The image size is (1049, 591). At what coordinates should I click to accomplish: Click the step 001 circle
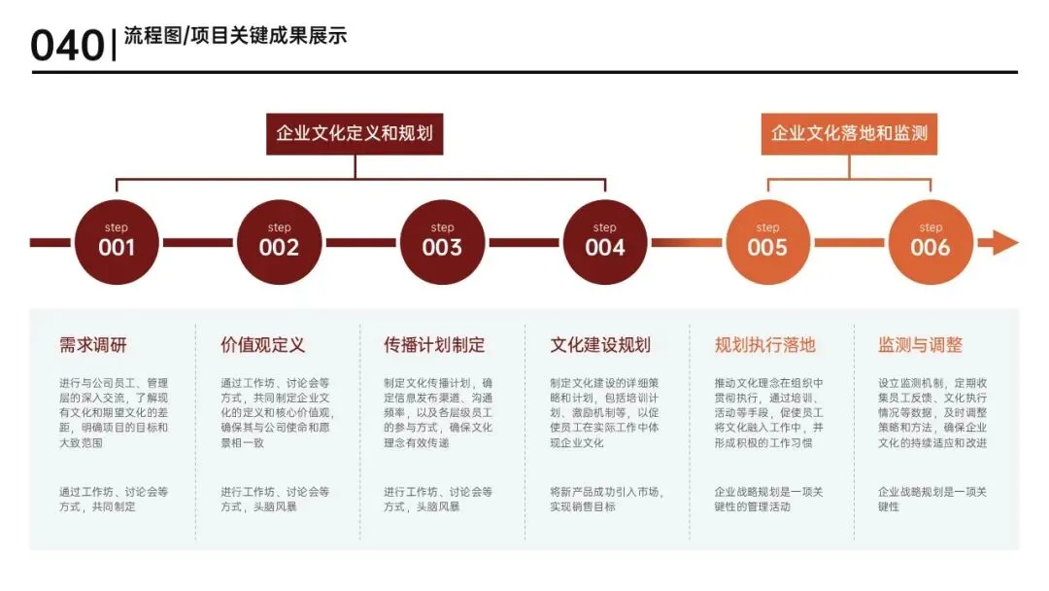point(117,242)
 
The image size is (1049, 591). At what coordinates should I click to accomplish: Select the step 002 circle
point(280,242)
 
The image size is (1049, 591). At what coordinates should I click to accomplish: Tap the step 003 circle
point(442,242)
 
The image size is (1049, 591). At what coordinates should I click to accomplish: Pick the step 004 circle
point(605,242)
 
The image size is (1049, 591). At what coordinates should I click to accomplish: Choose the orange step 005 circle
point(767,242)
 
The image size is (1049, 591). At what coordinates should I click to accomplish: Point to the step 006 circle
point(931,242)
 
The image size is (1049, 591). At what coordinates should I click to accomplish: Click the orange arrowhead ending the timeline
point(1004,242)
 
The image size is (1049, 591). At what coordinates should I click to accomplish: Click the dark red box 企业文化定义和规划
point(355,133)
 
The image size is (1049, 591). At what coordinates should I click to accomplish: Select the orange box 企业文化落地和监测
point(849,133)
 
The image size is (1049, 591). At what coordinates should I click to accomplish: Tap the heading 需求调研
point(93,345)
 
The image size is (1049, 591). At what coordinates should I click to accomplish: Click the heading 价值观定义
point(263,345)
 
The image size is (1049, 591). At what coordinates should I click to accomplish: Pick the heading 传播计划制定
point(434,345)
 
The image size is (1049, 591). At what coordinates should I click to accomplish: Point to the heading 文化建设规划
point(600,345)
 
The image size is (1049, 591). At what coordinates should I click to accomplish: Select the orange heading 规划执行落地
point(765,345)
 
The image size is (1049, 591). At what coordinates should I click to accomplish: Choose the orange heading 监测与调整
point(920,345)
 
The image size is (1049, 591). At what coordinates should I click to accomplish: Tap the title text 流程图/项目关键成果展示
point(235,37)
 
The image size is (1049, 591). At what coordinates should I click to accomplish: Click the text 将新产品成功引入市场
point(606,492)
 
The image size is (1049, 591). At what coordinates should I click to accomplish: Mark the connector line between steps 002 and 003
point(360,242)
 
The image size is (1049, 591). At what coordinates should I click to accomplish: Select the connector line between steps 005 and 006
point(849,242)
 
